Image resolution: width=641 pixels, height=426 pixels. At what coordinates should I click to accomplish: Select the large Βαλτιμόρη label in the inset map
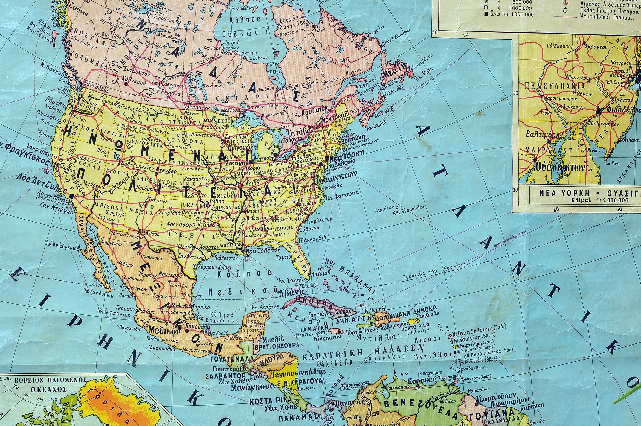[543, 135]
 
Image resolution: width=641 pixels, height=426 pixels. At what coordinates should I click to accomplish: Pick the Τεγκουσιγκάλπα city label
[298, 372]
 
